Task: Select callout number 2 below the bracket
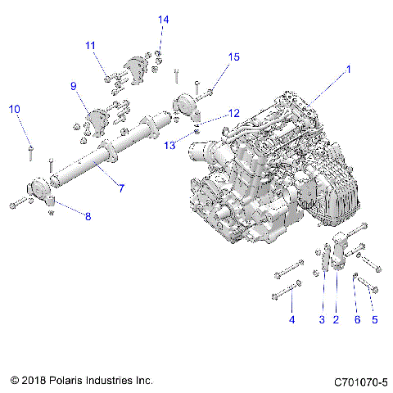click(336, 319)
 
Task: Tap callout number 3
click(322, 319)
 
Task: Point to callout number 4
click(291, 319)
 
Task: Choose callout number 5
click(374, 319)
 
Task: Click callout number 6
click(356, 319)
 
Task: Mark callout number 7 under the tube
click(120, 189)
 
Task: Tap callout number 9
click(73, 86)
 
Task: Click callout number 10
click(15, 109)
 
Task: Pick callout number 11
click(90, 46)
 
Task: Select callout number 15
click(234, 56)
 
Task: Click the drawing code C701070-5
click(360, 382)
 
